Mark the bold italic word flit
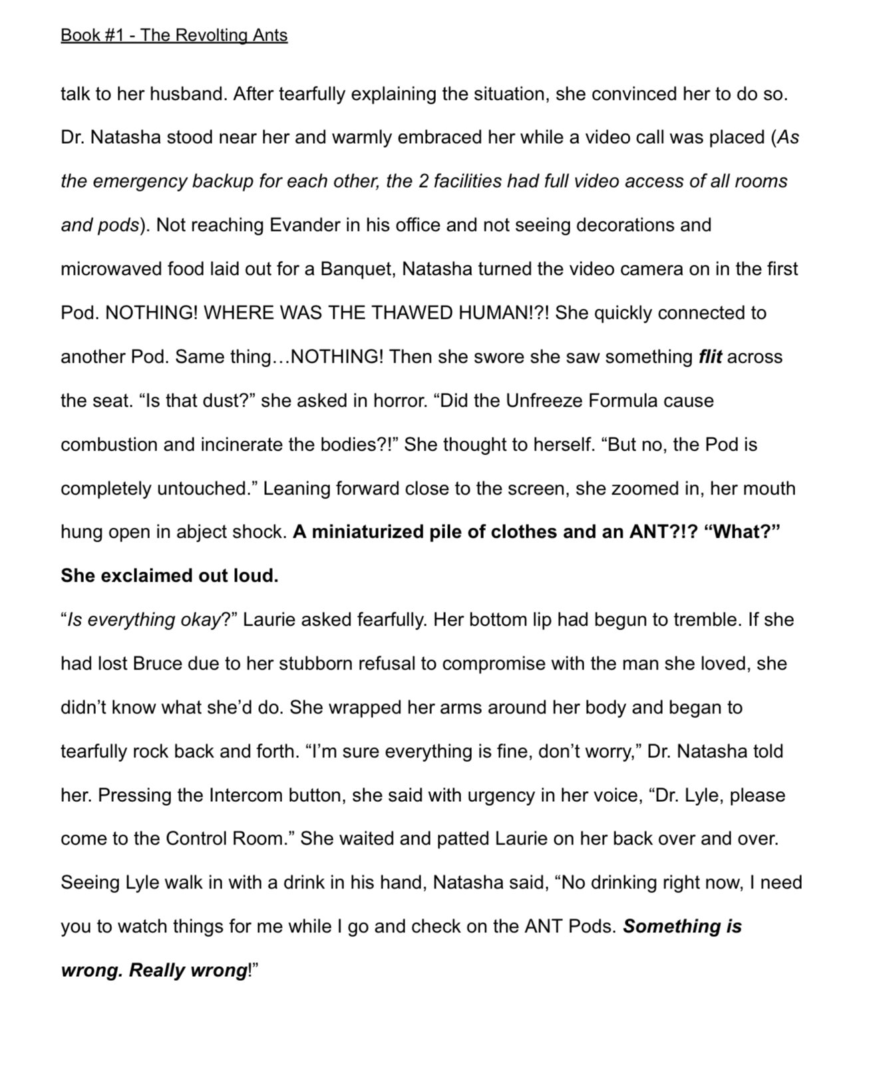pos(710,357)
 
